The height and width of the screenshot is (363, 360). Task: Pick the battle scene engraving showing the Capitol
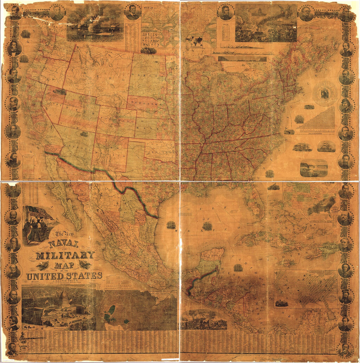coord(266,23)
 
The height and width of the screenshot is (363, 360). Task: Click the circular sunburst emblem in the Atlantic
coord(324,94)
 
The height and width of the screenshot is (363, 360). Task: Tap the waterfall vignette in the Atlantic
coord(314,168)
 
